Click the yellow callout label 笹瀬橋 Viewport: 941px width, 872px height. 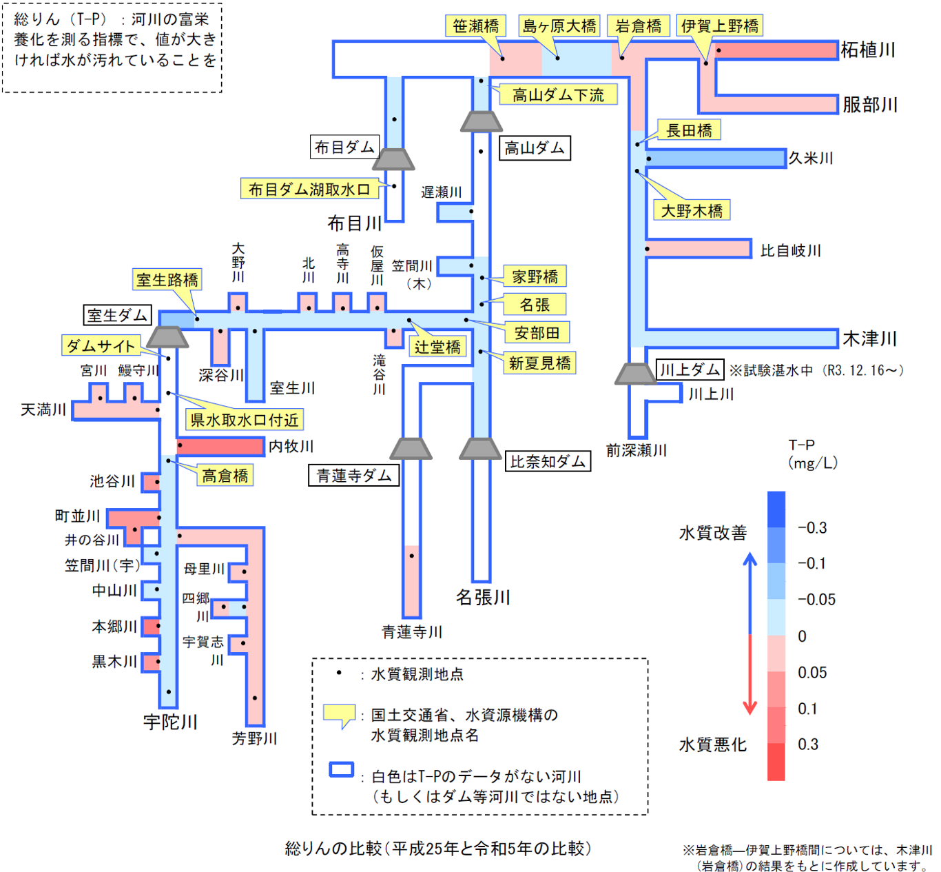(475, 26)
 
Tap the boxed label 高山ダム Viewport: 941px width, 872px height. (535, 148)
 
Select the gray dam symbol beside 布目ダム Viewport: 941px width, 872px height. (393, 159)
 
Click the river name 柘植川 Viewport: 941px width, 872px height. (868, 50)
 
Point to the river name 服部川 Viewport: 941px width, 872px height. (870, 105)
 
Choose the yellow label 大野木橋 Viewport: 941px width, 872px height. (692, 210)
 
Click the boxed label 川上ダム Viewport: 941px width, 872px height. (690, 370)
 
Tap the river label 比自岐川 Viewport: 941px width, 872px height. (791, 251)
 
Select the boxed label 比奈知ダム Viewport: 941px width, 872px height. (548, 462)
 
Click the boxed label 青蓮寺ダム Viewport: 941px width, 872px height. (353, 476)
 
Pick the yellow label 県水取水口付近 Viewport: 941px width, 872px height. (245, 420)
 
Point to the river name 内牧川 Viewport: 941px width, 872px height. (291, 447)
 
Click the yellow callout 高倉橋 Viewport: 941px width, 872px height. (225, 476)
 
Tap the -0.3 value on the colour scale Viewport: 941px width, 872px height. (812, 528)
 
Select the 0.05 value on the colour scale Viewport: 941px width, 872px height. (812, 673)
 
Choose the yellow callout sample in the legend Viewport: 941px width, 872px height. (339, 715)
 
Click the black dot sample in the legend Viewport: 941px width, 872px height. (338, 673)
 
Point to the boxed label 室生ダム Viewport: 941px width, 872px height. (117, 316)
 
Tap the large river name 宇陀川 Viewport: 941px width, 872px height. (170, 722)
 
